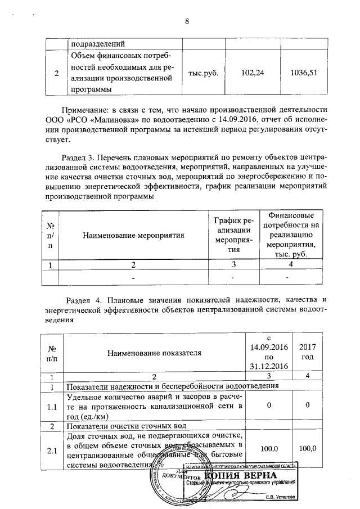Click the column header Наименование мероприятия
pyautogui.click(x=134, y=236)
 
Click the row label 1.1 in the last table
pyautogui.click(x=52, y=406)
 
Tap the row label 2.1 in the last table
pyautogui.click(x=52, y=448)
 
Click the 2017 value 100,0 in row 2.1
pyautogui.click(x=308, y=448)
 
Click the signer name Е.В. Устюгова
pyautogui.click(x=284, y=497)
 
